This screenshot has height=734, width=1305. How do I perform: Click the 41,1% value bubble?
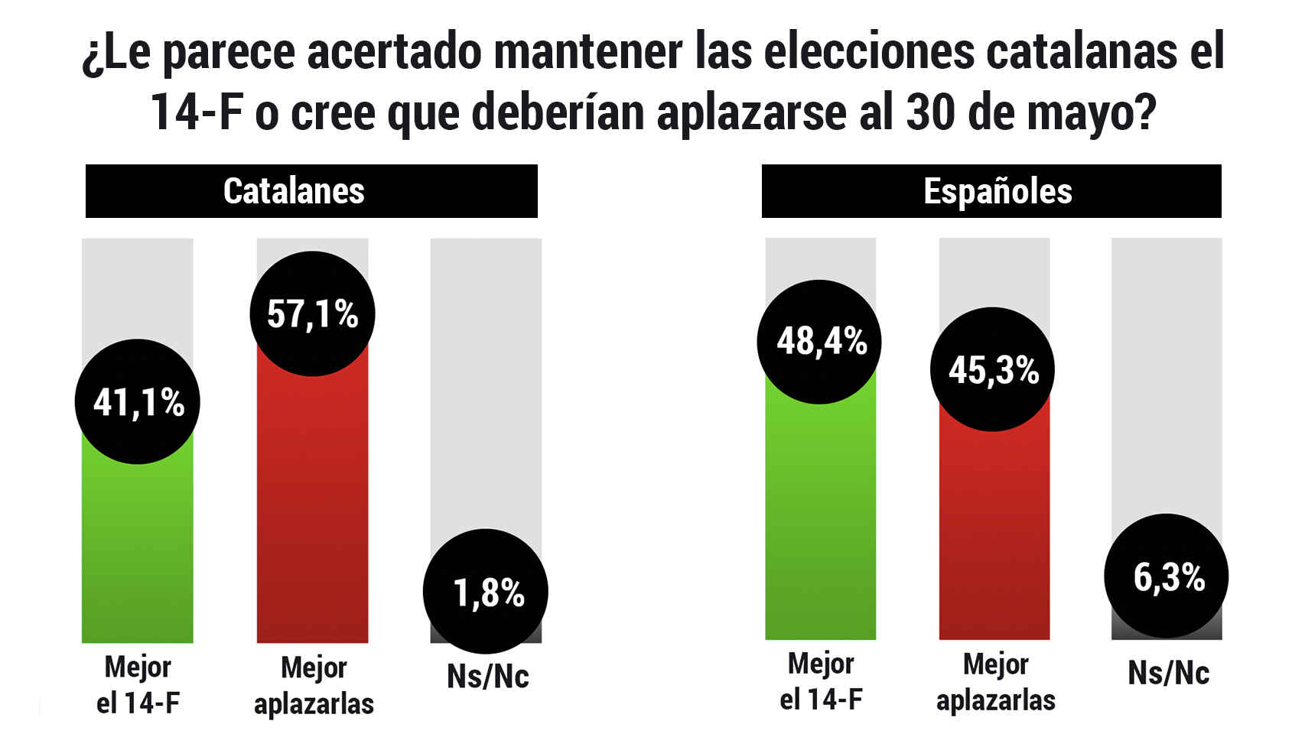(138, 401)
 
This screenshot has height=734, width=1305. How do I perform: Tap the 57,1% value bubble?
(312, 313)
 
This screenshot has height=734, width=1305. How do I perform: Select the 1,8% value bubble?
(486, 591)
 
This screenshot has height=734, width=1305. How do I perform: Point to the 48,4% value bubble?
(819, 342)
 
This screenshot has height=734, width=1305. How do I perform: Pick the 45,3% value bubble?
(992, 369)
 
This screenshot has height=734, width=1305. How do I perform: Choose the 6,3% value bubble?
(1167, 576)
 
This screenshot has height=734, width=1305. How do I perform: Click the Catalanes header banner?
(311, 191)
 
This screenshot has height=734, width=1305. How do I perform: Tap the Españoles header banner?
(991, 191)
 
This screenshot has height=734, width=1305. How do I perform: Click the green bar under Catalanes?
(138, 550)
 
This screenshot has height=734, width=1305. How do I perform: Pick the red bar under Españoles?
(994, 535)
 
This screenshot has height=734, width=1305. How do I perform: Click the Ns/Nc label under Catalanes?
(488, 677)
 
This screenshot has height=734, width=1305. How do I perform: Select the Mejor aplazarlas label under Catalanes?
(314, 686)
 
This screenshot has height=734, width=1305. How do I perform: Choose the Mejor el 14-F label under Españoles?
(821, 681)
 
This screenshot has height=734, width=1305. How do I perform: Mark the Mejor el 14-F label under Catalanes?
(138, 685)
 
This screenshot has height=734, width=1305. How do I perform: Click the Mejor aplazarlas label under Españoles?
(996, 682)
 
